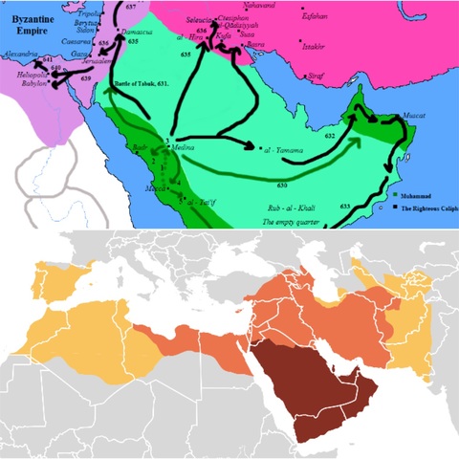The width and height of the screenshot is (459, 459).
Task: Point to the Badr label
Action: (142, 149)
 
